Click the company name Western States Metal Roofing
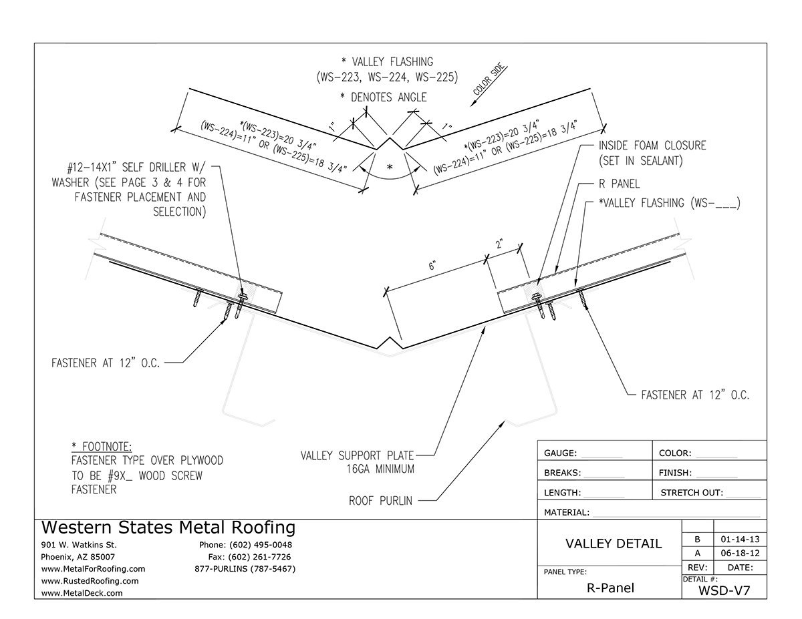pos(168,528)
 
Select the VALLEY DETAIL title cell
pos(614,544)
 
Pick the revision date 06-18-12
pos(740,554)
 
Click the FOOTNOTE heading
pos(102,446)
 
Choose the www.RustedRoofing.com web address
pos(90,581)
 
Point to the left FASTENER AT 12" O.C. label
pos(106,364)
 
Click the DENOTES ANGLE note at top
pos(383,97)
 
